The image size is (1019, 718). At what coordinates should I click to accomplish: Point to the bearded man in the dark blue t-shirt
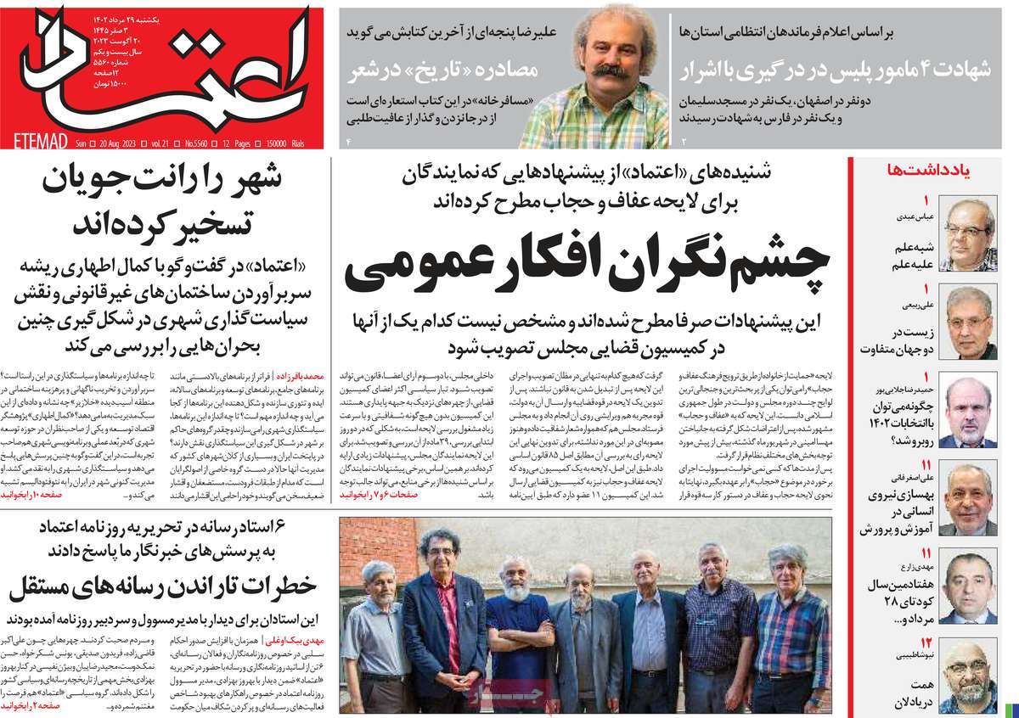pyautogui.click(x=515, y=628)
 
